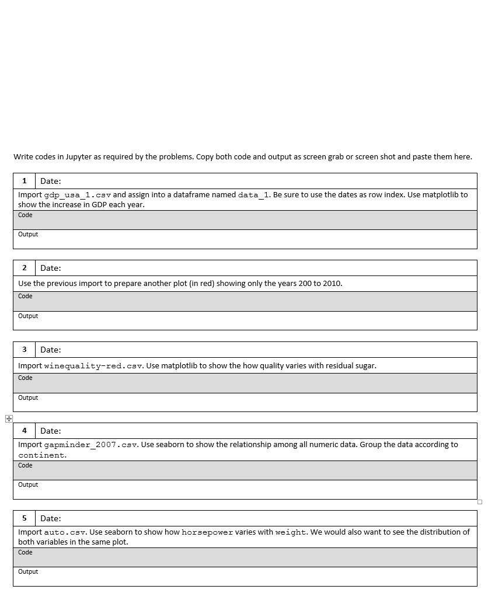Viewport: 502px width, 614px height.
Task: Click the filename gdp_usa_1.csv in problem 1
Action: point(78,195)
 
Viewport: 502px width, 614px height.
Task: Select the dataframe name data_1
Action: point(254,195)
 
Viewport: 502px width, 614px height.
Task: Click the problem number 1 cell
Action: point(24,181)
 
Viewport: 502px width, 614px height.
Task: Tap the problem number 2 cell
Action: point(24,268)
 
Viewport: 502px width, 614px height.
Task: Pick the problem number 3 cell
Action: point(24,350)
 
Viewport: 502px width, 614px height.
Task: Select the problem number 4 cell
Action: point(24,431)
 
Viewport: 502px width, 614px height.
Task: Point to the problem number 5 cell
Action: point(24,518)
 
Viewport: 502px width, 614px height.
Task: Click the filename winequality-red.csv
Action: point(93,366)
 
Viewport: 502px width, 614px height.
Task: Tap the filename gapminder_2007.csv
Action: point(91,445)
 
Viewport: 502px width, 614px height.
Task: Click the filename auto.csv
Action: point(65,532)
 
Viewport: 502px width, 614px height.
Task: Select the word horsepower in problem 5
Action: point(207,532)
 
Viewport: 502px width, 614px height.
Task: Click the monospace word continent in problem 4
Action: point(42,455)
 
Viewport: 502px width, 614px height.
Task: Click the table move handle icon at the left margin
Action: point(9,418)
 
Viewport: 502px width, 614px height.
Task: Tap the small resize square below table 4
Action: point(480,502)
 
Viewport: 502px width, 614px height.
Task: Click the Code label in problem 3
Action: point(25,378)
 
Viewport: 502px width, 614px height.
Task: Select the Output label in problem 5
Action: point(28,572)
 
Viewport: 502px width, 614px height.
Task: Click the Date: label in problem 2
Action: point(51,268)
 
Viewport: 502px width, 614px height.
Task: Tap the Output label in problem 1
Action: point(28,235)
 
